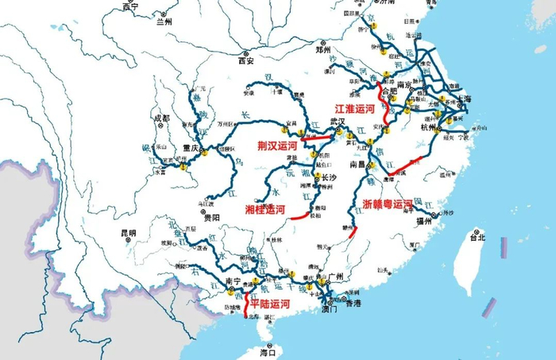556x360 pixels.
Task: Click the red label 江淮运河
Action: tap(354, 108)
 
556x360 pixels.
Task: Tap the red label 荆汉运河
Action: tap(277, 145)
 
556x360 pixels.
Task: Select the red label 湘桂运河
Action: tap(264, 209)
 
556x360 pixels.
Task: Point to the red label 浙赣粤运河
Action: tap(388, 204)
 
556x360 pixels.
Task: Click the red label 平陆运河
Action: tap(270, 304)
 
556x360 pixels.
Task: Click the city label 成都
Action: tap(162, 118)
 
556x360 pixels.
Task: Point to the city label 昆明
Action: tap(129, 234)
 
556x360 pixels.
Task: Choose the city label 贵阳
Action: tap(211, 217)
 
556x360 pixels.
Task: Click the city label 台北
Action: tap(477, 237)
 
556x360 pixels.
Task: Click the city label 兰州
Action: tap(164, 22)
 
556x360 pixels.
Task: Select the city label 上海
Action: tap(462, 99)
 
